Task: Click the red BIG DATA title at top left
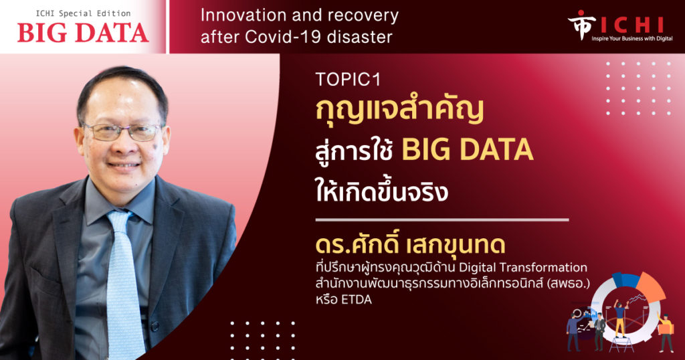coord(83,33)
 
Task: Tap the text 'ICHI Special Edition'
coord(83,13)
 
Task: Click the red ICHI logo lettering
coord(632,25)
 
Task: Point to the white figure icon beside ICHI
coord(581,24)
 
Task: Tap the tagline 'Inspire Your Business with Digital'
coord(632,39)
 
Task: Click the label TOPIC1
coord(348,79)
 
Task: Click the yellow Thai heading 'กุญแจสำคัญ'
coord(399,110)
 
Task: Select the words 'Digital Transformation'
coord(523,267)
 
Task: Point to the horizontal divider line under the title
coord(442,219)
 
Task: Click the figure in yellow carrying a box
coord(666,332)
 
